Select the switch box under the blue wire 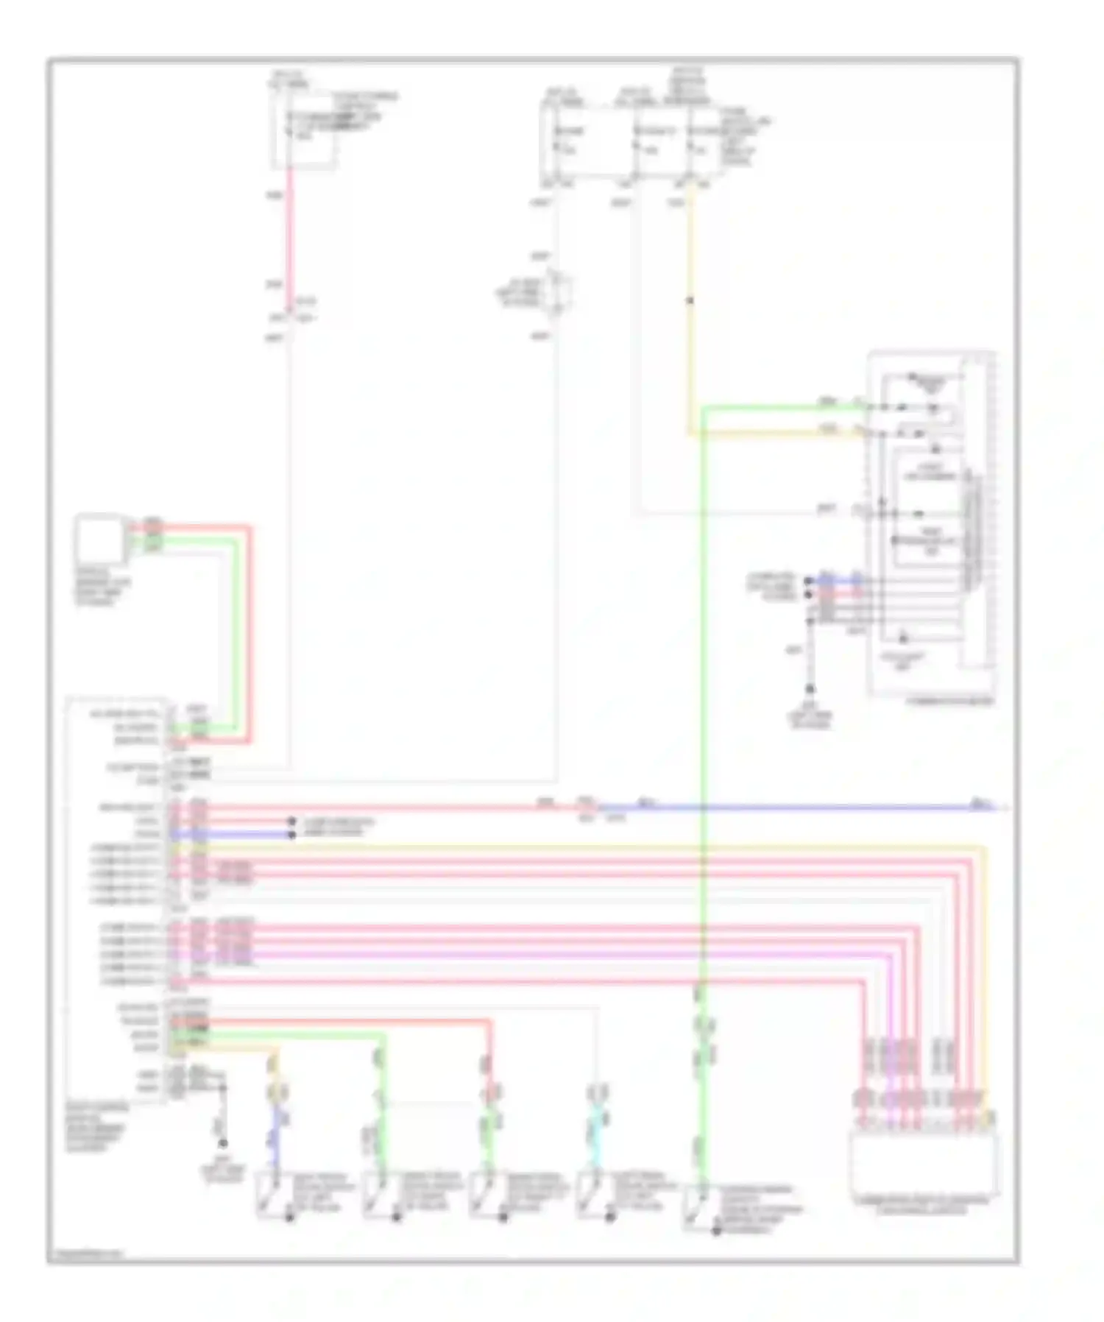pyautogui.click(x=272, y=1195)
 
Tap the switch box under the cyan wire pyautogui.click(x=592, y=1195)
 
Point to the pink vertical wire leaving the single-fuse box pyautogui.click(x=290, y=236)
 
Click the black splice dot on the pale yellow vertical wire pyautogui.click(x=690, y=300)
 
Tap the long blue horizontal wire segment pyautogui.click(x=795, y=808)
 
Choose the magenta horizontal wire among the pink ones pyautogui.click(x=515, y=955)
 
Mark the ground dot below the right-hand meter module pyautogui.click(x=810, y=689)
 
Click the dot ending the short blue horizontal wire pyautogui.click(x=292, y=835)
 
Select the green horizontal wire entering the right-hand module pyautogui.click(x=780, y=406)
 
